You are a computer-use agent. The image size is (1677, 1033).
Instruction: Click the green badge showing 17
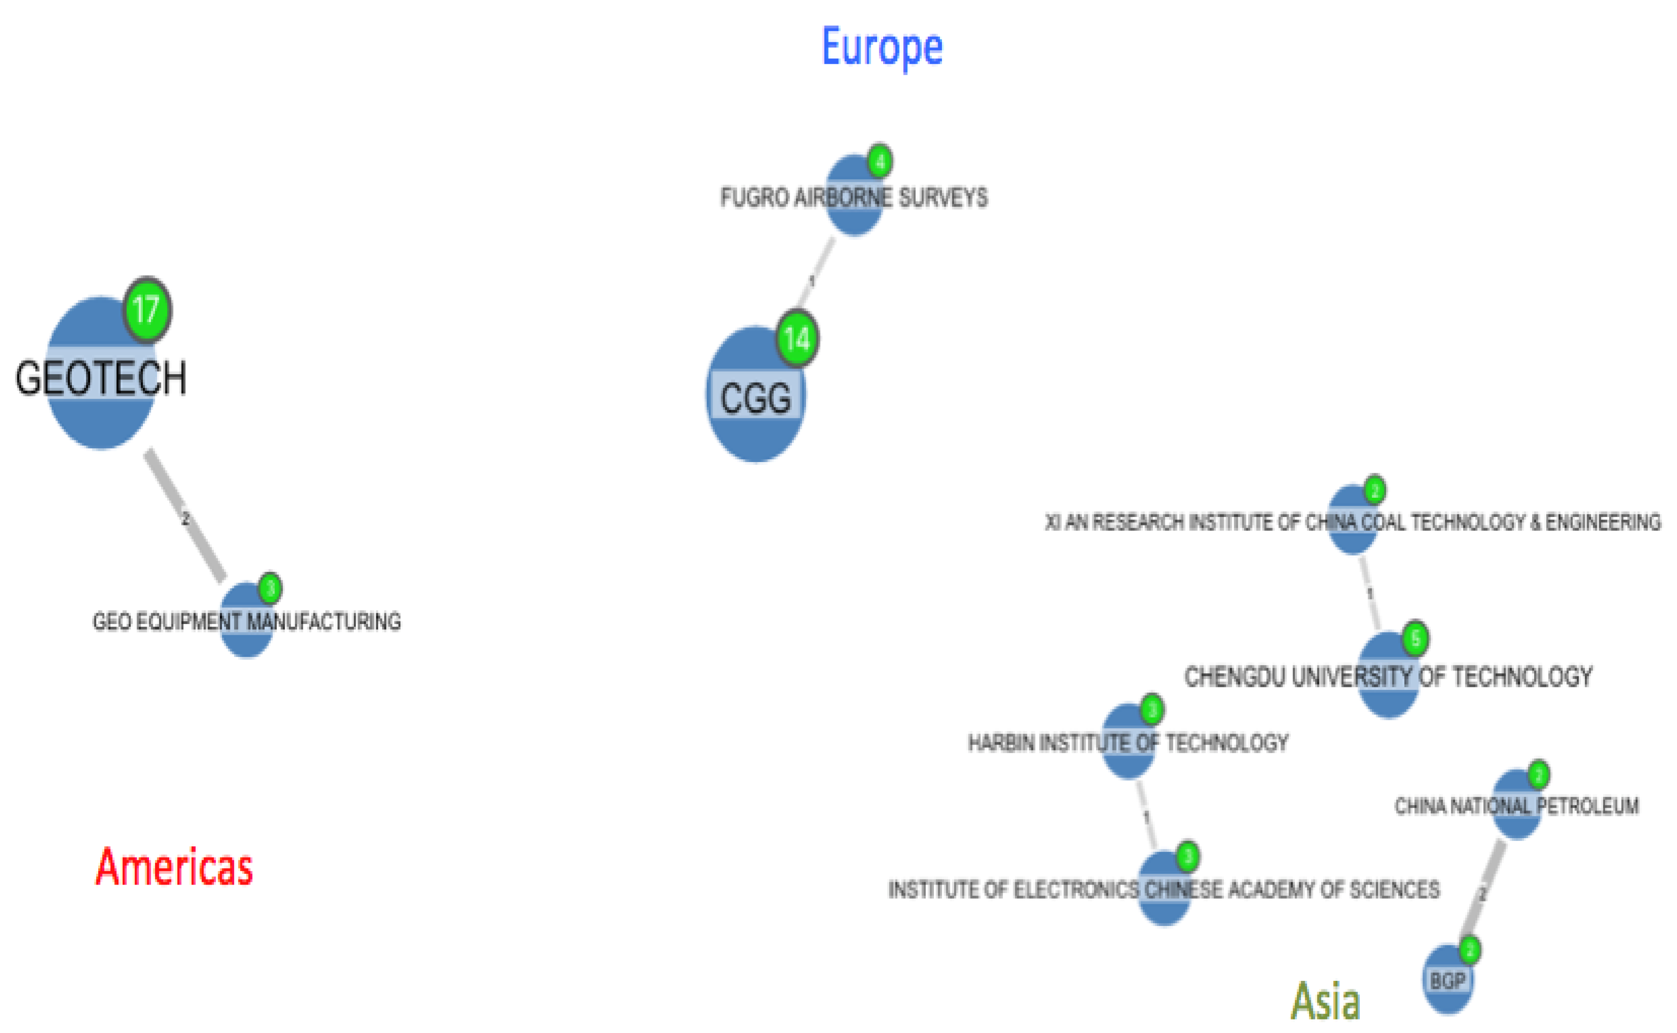147,310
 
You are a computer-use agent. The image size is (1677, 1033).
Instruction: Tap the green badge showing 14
797,339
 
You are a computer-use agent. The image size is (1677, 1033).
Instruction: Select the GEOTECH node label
101,378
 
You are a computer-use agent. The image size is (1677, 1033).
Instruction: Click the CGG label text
755,398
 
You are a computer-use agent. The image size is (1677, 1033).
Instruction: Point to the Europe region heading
882,47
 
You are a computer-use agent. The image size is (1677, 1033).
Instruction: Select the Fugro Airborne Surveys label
854,198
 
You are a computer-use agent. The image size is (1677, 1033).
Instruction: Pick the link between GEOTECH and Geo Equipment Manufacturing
185,516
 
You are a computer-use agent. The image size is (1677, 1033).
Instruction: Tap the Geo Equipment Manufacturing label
247,622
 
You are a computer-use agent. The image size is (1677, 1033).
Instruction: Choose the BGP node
1447,981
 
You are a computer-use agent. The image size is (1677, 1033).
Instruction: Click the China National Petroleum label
1516,806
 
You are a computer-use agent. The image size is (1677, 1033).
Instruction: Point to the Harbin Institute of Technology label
1128,743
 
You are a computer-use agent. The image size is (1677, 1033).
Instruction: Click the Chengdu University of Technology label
1388,677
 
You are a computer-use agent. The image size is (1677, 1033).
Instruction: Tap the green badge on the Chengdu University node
1415,639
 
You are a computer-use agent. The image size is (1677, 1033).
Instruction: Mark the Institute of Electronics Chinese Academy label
1164,889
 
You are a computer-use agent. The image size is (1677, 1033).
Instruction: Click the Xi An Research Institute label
1352,523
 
